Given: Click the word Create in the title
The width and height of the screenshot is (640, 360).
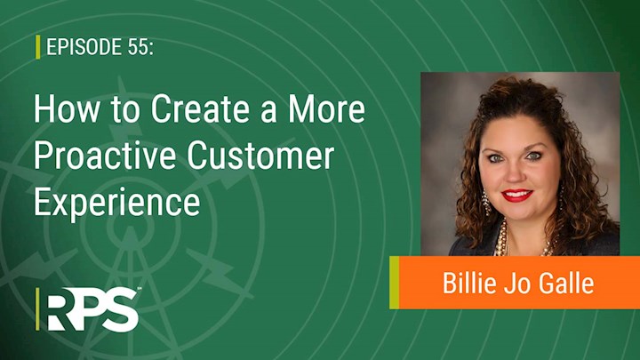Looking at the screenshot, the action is point(200,109).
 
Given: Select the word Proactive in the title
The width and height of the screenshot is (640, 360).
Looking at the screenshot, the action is point(105,156).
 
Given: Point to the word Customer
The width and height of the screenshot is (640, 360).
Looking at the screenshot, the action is point(260,156).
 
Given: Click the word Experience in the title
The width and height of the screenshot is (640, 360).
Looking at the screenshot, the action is point(117,204).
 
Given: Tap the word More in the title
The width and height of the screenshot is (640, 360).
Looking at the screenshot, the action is point(326,109).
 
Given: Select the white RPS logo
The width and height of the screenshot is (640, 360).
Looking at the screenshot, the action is point(92,309).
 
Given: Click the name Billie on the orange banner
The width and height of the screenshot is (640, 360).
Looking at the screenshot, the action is point(469,283).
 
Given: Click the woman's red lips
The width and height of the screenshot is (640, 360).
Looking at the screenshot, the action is point(517,195).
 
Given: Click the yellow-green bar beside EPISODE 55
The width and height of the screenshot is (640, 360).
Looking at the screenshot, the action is point(38,47).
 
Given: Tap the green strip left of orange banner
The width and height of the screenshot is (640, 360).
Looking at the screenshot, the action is point(395,283).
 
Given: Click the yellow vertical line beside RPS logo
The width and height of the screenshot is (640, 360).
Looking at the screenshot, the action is point(37,309).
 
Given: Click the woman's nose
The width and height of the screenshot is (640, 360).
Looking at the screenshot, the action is point(515,173).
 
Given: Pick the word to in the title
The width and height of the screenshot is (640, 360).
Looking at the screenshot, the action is point(124,110).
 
